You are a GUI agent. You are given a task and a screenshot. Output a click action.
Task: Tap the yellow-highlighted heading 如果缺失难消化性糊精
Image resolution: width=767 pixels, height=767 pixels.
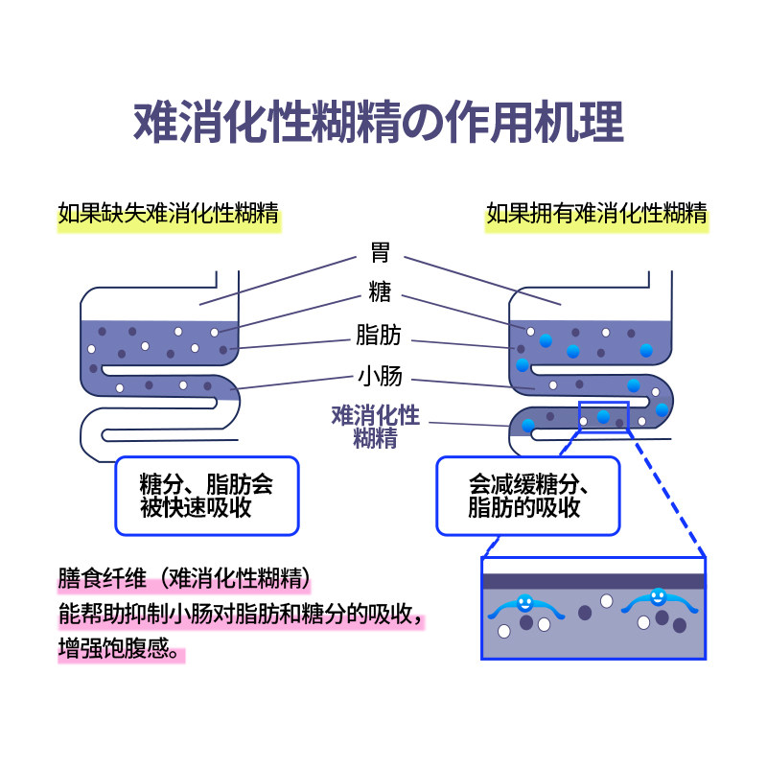(169, 213)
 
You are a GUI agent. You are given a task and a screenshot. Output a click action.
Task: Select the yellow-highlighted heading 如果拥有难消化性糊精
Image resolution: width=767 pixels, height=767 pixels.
(596, 213)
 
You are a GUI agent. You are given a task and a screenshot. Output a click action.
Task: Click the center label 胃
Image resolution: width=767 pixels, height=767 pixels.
(379, 255)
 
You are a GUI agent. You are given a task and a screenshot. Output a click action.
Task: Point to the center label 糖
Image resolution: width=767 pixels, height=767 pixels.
(379, 292)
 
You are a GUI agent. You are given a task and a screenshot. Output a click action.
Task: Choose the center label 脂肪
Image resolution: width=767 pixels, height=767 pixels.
(379, 336)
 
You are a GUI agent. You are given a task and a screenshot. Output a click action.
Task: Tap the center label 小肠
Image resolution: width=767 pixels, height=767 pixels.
(379, 375)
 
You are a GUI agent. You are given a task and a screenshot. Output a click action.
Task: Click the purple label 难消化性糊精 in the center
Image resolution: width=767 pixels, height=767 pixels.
(376, 427)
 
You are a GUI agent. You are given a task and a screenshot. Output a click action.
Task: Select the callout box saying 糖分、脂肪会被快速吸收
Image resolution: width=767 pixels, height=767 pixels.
(206, 495)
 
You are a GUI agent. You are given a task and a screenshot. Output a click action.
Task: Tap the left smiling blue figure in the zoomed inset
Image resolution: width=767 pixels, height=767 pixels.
(524, 603)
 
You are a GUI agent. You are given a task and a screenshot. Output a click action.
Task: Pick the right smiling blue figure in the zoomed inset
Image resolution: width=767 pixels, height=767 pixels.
(658, 597)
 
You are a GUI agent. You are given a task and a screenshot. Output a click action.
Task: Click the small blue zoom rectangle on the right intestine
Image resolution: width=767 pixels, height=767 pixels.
(603, 417)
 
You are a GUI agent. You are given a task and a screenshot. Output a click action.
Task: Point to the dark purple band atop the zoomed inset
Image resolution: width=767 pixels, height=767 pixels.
(593, 580)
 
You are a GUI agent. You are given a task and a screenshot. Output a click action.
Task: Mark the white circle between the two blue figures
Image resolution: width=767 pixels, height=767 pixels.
(606, 600)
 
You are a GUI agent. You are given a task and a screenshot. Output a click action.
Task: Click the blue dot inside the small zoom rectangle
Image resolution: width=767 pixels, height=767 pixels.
(603, 416)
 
